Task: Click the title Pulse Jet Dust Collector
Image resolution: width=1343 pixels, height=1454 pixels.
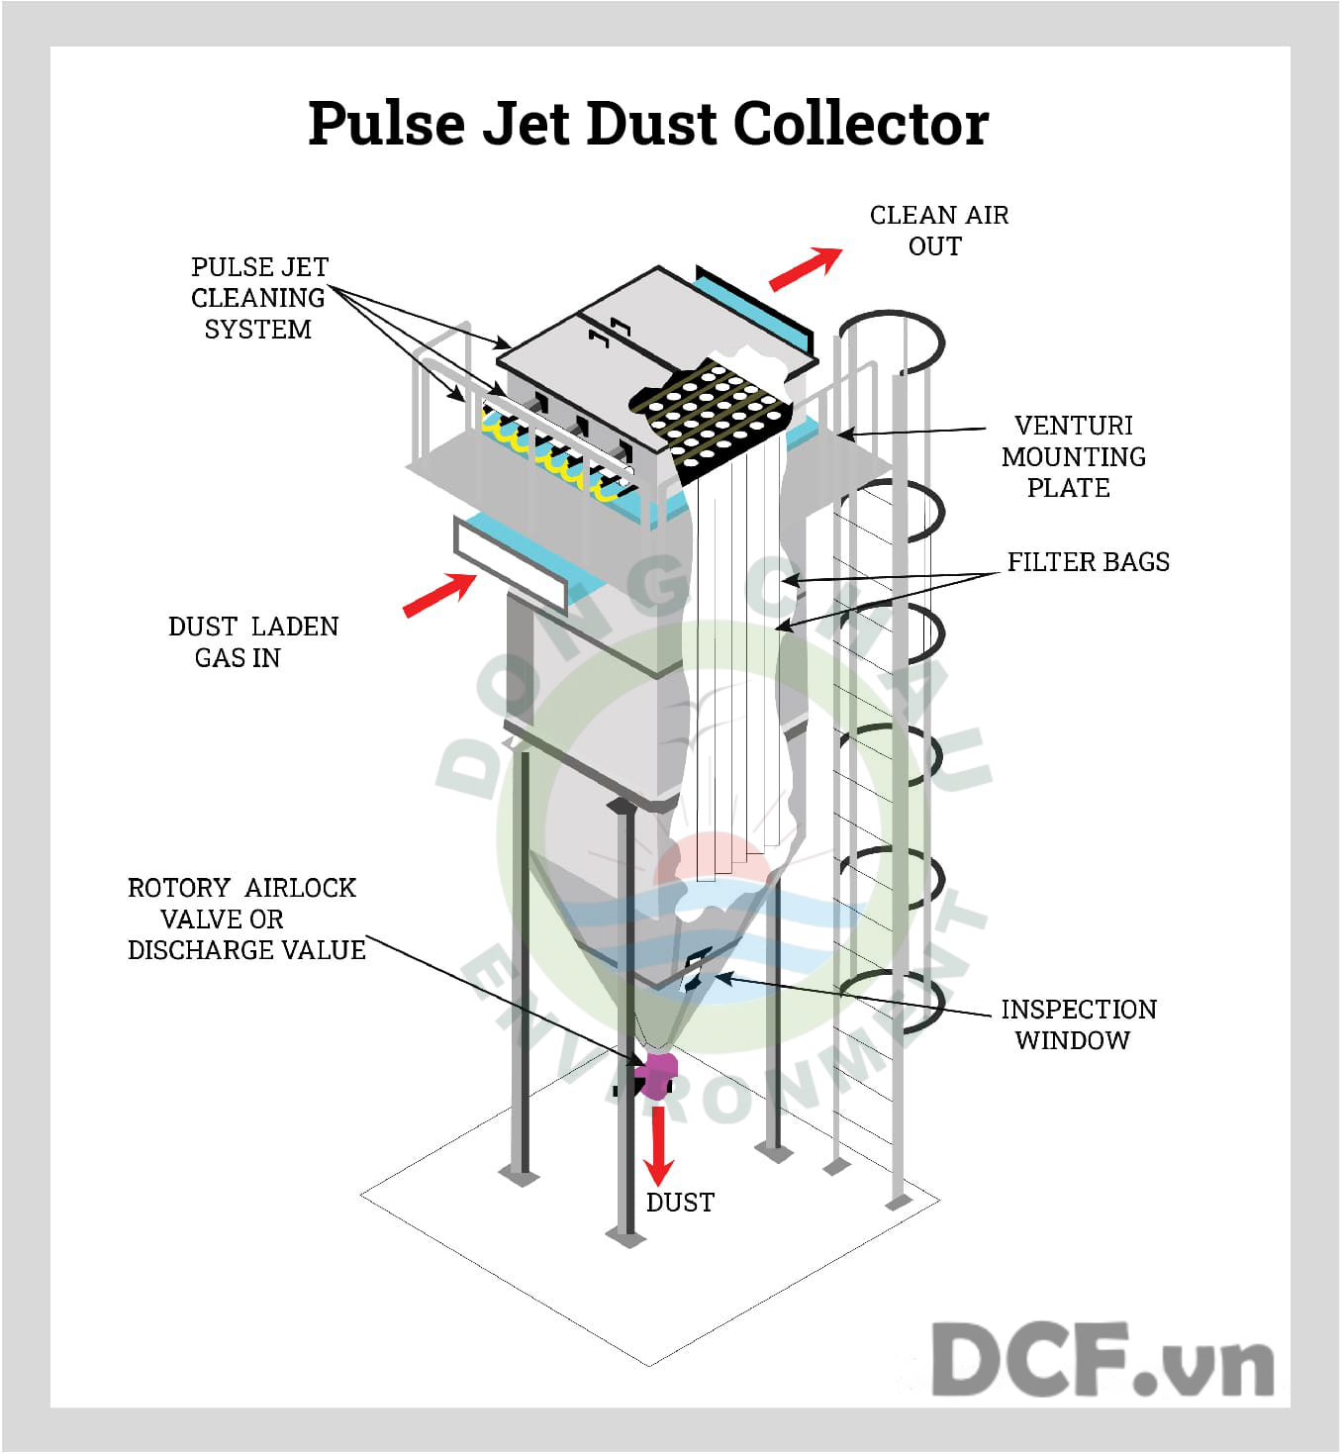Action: [x=648, y=124]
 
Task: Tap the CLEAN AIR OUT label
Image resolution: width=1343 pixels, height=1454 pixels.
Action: [x=937, y=231]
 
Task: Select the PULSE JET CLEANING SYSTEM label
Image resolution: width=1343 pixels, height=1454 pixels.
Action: [x=258, y=298]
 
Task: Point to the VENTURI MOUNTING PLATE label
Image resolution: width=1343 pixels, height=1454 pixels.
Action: [x=1073, y=456]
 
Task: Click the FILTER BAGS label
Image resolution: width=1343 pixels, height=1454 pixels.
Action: [x=1088, y=562]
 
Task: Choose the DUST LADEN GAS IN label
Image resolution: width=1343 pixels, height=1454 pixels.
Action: [x=251, y=642]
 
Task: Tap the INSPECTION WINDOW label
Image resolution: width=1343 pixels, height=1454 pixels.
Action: [x=1077, y=1024]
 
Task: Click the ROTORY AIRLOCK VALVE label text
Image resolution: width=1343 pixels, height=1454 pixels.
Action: [x=245, y=919]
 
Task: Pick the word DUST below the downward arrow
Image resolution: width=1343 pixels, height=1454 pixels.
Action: [x=680, y=1203]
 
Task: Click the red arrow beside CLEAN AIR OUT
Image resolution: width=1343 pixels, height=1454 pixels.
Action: [x=806, y=268]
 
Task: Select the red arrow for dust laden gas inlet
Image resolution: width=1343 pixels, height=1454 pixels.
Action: [x=439, y=595]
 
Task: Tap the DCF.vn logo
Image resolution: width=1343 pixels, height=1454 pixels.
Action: [x=1102, y=1360]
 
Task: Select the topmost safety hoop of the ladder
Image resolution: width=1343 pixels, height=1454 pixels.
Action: [x=890, y=341]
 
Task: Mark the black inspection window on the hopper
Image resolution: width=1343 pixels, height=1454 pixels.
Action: [x=697, y=967]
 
